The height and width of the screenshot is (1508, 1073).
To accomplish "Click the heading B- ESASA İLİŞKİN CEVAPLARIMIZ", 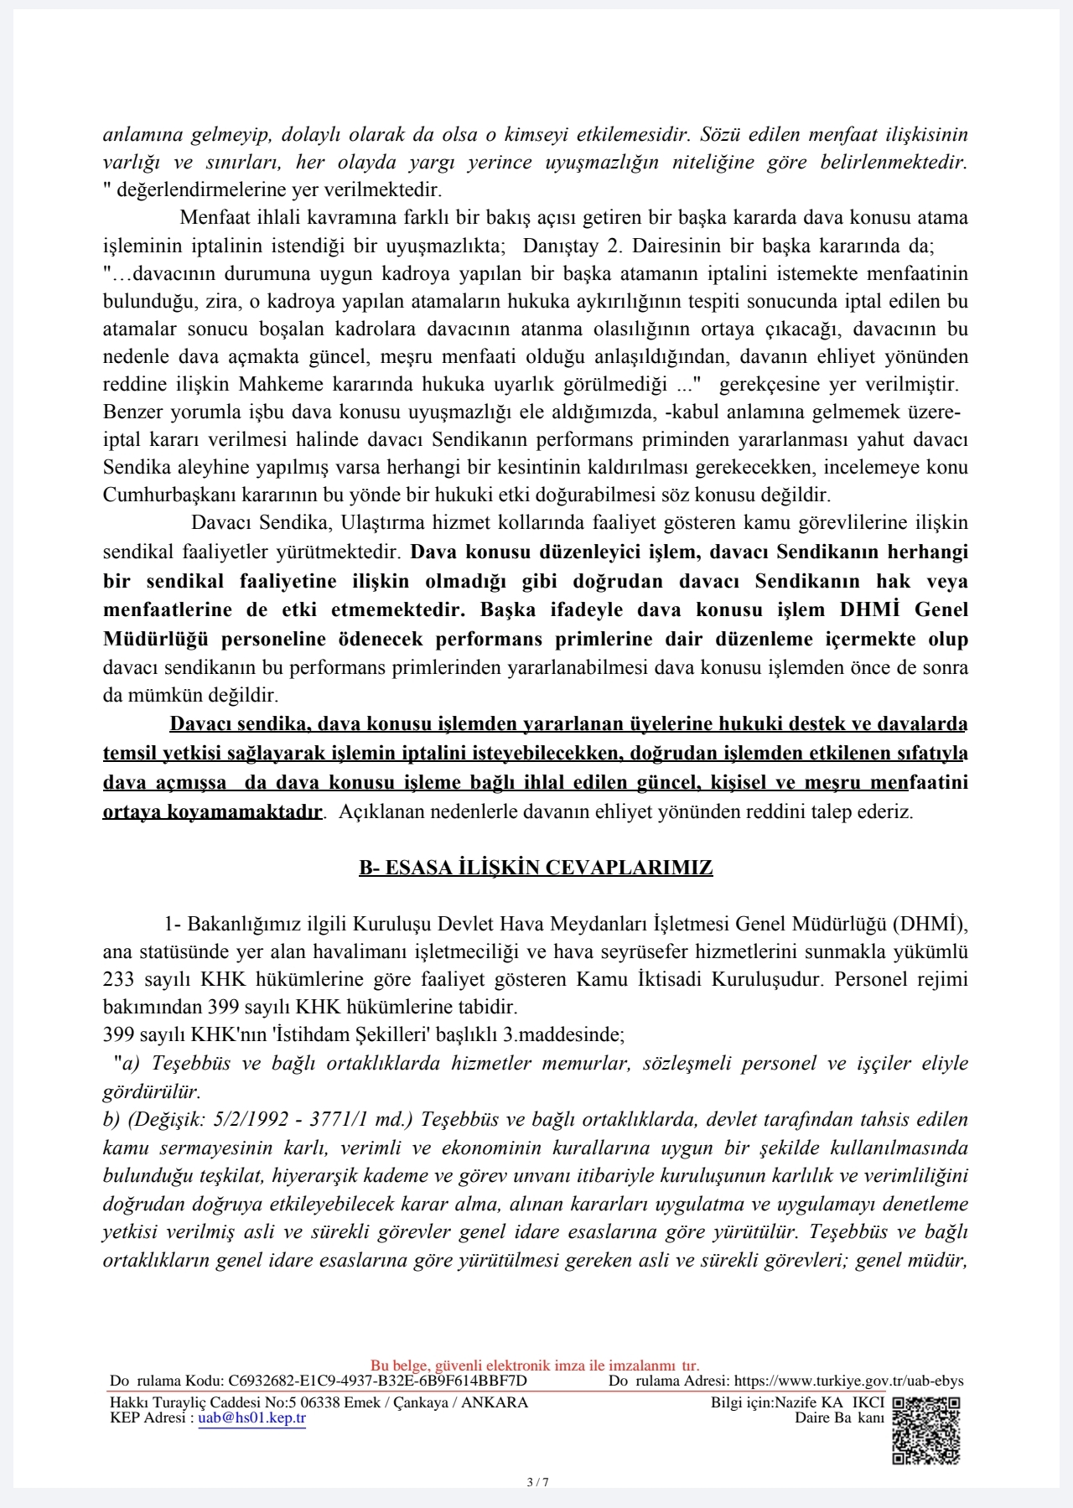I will coord(536,868).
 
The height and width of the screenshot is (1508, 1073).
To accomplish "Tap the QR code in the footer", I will coord(925,1430).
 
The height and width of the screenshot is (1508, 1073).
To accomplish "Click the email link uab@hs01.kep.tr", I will coord(251,1418).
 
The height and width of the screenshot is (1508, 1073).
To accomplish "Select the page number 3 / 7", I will coord(537,1481).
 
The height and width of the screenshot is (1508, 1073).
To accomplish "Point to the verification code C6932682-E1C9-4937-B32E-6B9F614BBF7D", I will coord(377,1381).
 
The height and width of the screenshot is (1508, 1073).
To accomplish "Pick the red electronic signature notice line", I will coord(535,1365).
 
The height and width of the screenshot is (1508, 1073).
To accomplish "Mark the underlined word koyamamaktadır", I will coord(212,811).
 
